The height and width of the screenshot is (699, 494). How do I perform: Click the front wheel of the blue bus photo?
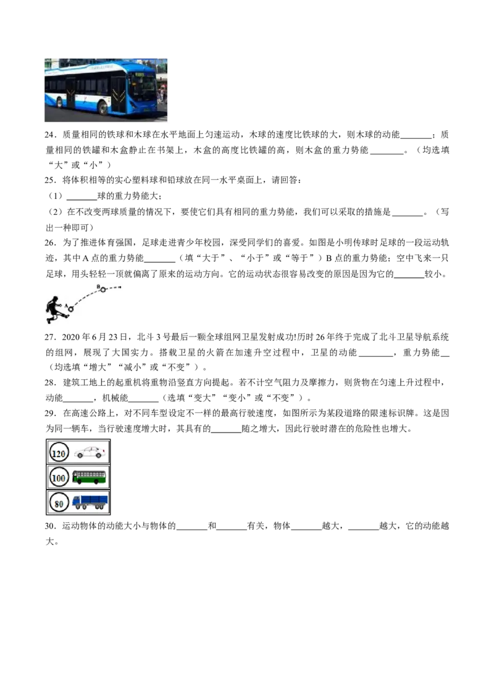[x=104, y=107]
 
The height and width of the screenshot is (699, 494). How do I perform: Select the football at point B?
[x=103, y=290]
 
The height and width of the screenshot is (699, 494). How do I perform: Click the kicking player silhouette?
[x=57, y=309]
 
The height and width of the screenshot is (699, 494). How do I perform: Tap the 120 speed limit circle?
[x=59, y=453]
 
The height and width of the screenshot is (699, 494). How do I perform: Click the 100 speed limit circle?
[x=59, y=478]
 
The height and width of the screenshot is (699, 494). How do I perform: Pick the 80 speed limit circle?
[x=59, y=503]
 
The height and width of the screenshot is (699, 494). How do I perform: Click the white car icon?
[x=90, y=453]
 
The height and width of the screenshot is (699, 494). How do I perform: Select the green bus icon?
[x=89, y=477]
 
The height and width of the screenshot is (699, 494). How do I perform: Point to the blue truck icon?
[x=90, y=502]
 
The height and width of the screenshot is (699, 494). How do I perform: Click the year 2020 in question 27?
[x=70, y=337]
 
